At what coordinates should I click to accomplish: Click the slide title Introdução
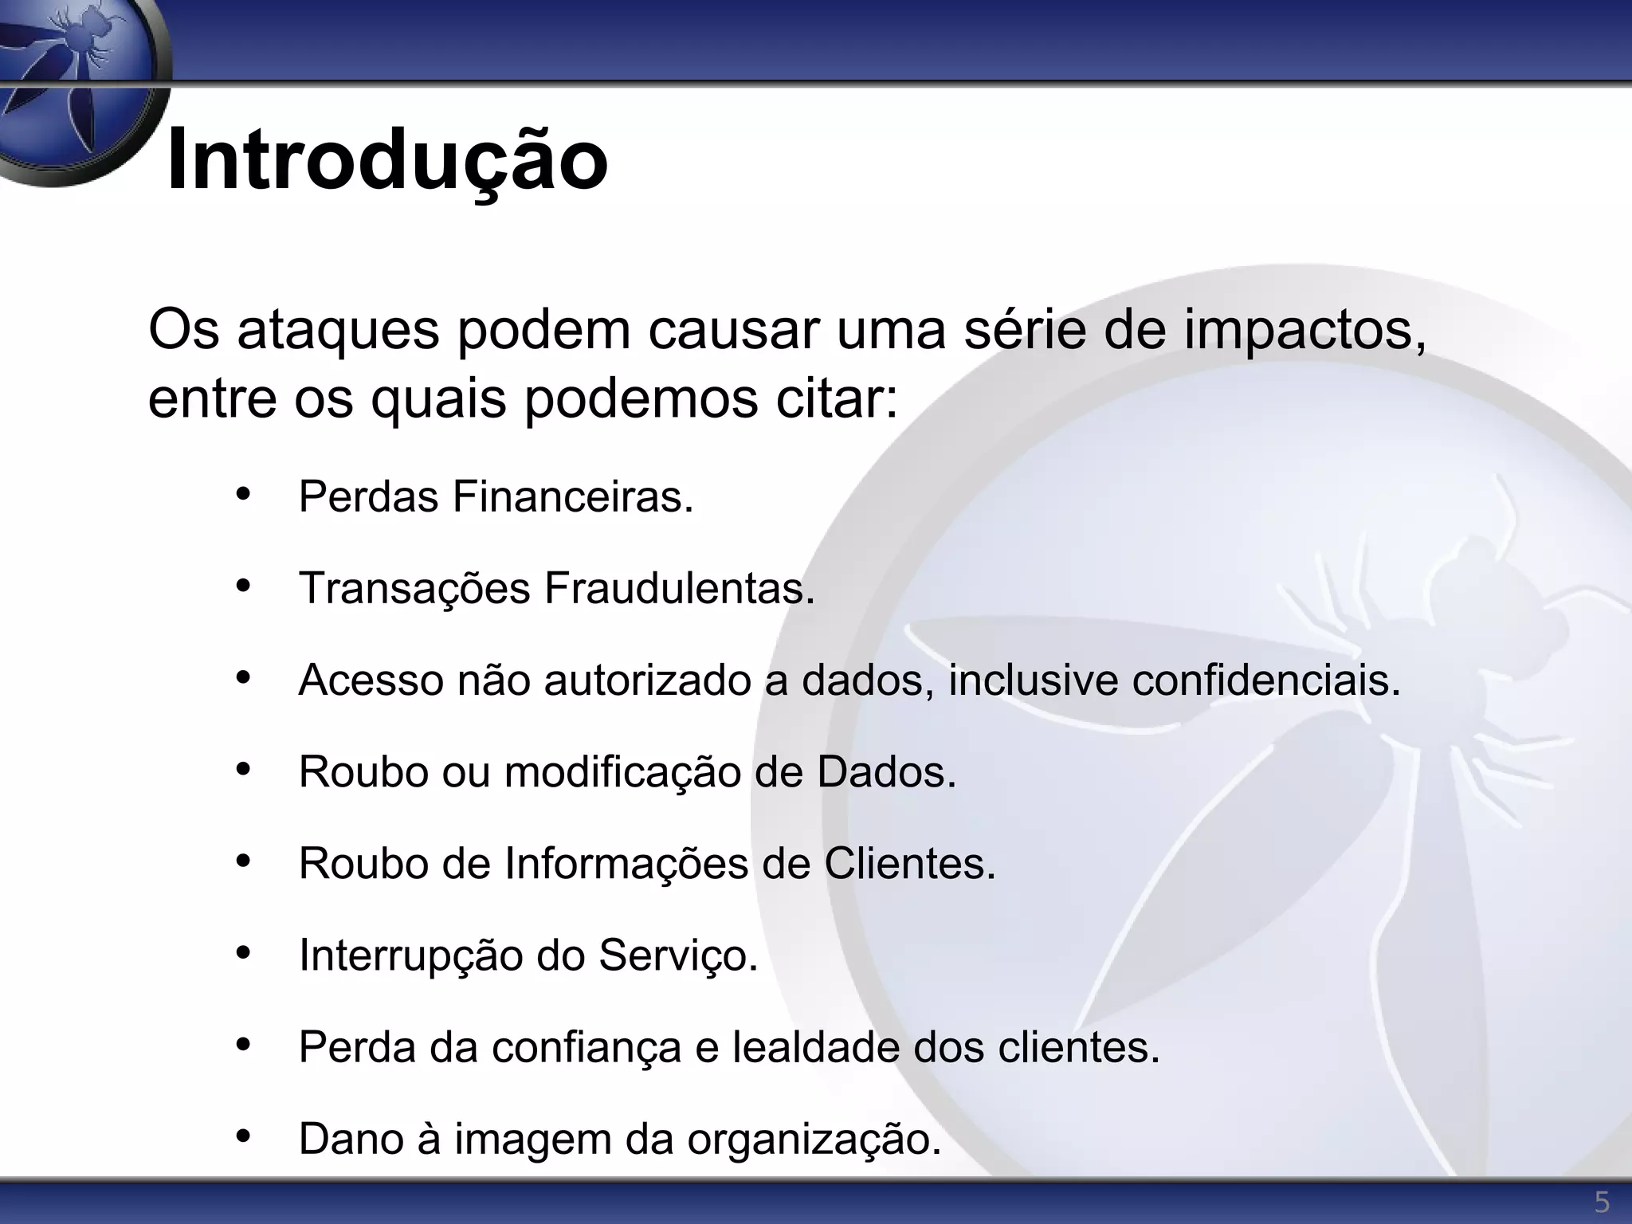click(387, 159)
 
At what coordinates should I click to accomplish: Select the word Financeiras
click(573, 497)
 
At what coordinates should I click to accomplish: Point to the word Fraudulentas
click(680, 589)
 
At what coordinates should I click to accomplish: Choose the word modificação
click(622, 772)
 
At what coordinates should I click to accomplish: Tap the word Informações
click(626, 864)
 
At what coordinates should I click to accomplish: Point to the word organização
click(814, 1140)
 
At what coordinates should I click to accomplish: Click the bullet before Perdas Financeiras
click(244, 494)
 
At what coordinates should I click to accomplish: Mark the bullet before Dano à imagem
click(244, 1136)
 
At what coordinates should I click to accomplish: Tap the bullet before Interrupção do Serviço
click(244, 952)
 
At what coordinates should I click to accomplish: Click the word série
click(1025, 330)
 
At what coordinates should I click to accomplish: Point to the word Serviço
click(677, 955)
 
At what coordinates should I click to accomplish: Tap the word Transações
click(414, 589)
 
